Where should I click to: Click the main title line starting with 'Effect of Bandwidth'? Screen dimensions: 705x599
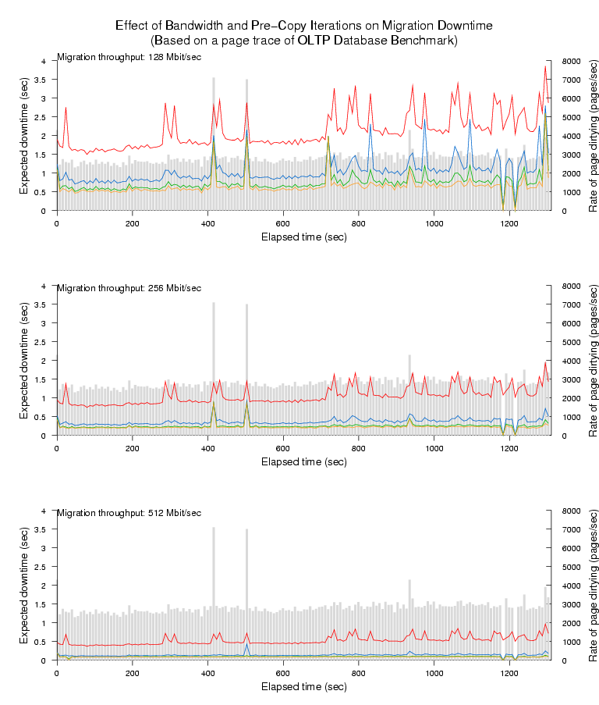pos(303,25)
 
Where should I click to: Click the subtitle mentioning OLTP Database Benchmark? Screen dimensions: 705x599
pos(303,40)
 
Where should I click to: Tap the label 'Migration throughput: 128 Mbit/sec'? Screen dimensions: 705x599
pos(129,57)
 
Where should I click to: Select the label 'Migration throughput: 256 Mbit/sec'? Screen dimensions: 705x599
pos(129,288)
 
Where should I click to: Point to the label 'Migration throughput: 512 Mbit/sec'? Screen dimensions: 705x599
pos(129,513)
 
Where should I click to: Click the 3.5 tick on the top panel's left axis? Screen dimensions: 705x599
pos(44,80)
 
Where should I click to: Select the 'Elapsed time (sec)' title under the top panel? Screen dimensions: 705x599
pos(303,237)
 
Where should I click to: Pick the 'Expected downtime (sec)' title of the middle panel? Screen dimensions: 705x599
pos(24,361)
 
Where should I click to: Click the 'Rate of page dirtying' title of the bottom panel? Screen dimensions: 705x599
pos(593,586)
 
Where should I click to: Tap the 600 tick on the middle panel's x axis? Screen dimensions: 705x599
pos(283,448)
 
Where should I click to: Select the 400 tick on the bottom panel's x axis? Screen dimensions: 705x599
pos(207,673)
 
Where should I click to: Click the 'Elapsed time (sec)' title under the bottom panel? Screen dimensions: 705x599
pos(303,686)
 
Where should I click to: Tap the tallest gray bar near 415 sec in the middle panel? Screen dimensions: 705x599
pos(213,367)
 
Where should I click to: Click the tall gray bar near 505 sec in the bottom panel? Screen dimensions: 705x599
pos(246,593)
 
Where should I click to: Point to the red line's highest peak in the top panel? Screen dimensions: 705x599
pos(545,66)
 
